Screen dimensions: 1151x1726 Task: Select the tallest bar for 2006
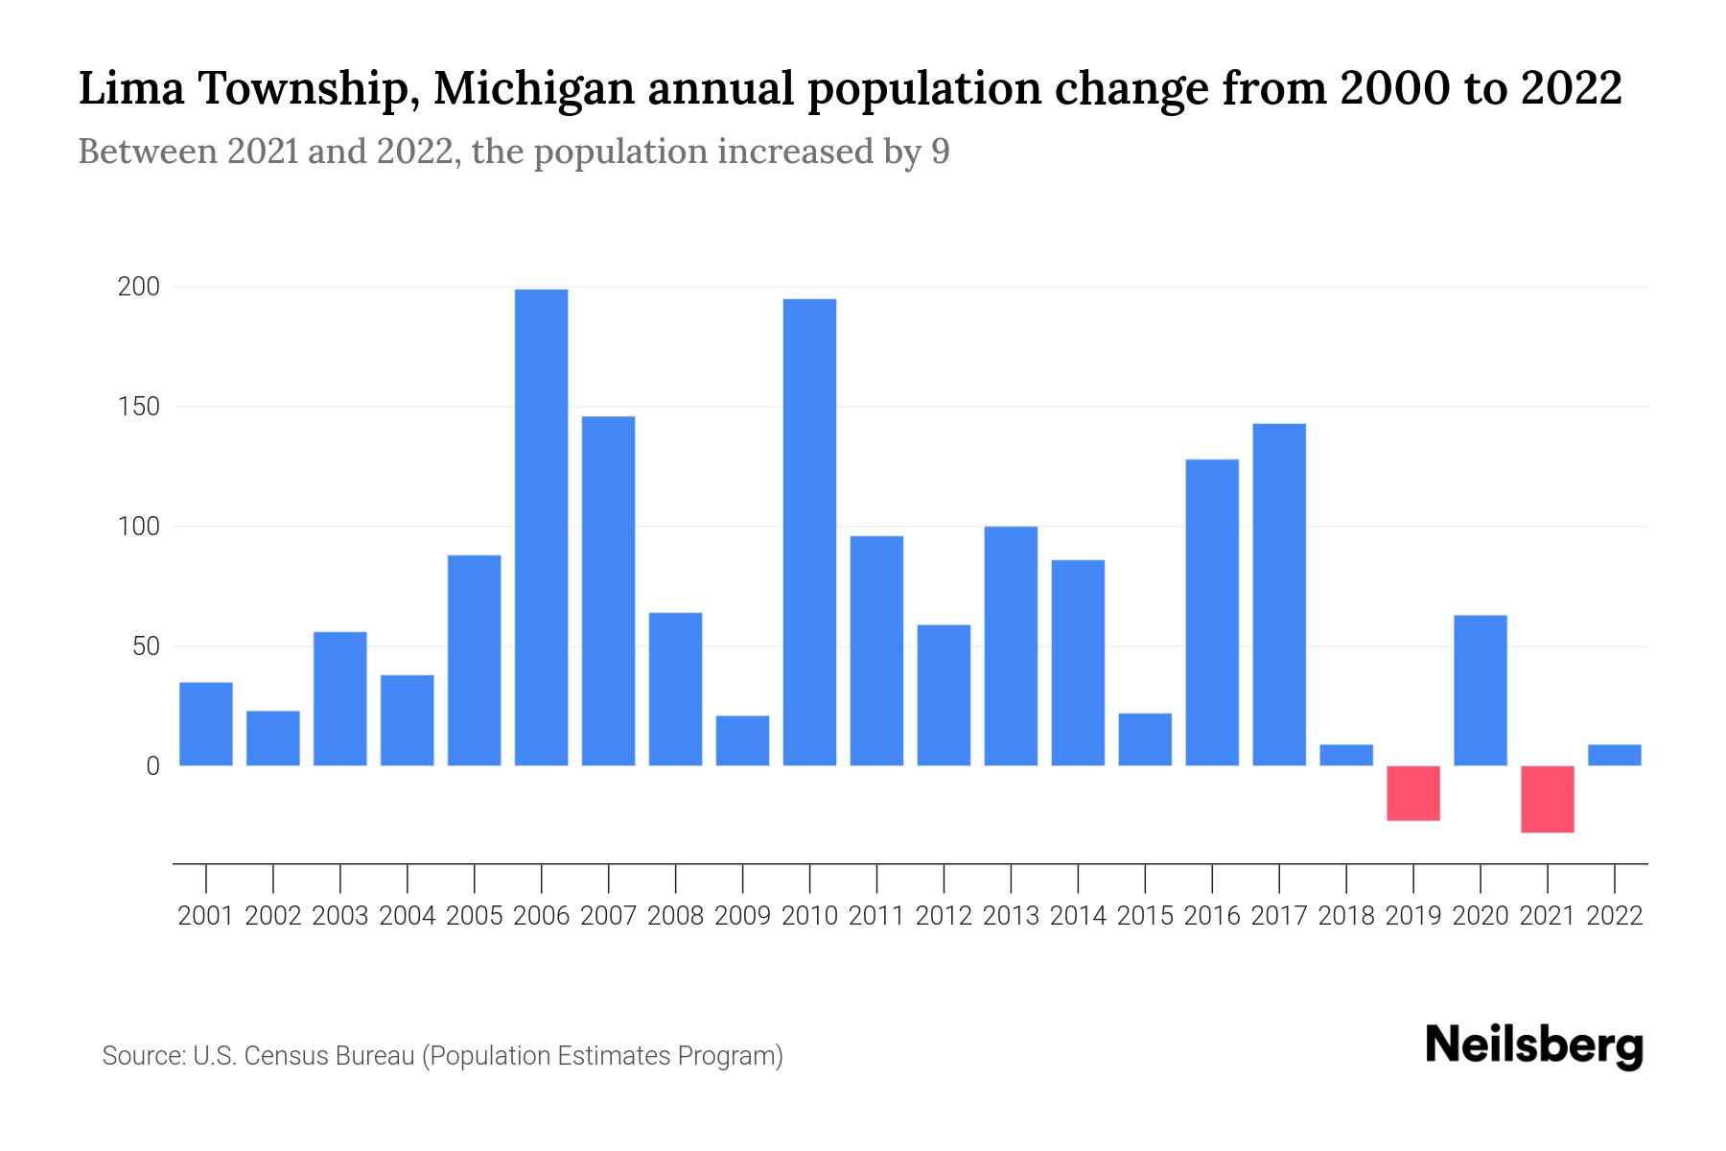click(x=541, y=528)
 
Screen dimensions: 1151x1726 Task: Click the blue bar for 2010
click(x=809, y=532)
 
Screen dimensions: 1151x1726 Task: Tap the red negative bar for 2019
click(x=1413, y=793)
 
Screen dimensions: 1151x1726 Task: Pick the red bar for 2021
click(x=1547, y=799)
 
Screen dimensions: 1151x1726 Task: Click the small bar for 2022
click(x=1614, y=755)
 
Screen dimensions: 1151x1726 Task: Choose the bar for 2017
click(x=1279, y=595)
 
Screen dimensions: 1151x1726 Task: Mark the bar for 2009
click(x=742, y=740)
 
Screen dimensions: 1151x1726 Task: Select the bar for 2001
click(x=206, y=724)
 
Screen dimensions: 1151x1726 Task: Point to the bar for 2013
click(x=1011, y=646)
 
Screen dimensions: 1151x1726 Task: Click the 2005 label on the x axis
click(x=475, y=916)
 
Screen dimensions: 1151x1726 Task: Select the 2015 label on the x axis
click(x=1145, y=916)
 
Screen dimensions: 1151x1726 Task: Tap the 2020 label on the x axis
click(x=1481, y=916)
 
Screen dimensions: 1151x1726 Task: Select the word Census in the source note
click(x=283, y=1056)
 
